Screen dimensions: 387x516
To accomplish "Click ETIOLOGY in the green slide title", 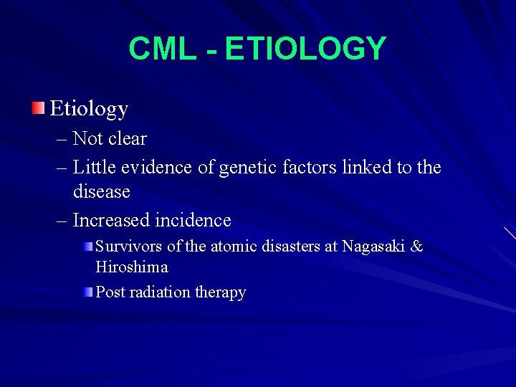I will [305, 49].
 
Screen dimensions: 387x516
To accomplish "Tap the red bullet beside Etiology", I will [37, 108].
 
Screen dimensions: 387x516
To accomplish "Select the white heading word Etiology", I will [89, 109].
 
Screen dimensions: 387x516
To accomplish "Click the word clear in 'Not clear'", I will [128, 138].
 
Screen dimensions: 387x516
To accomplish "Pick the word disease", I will [101, 191].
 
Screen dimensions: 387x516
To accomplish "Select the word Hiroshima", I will [132, 267].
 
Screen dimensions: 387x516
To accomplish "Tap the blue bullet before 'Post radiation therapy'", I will [87, 292].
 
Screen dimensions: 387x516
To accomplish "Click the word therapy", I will [220, 292].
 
